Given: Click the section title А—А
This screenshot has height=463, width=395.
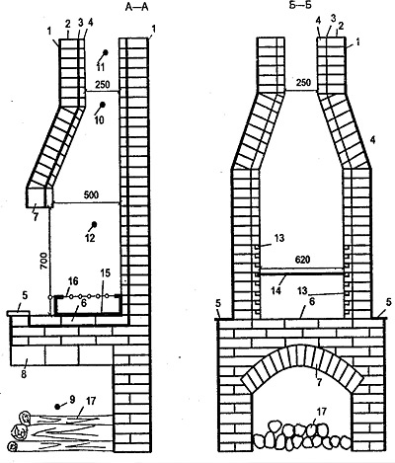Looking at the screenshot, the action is [x=137, y=7].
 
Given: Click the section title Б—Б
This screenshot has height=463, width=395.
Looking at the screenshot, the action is [x=300, y=6].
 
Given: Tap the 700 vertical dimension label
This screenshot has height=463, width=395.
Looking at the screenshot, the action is [x=44, y=262].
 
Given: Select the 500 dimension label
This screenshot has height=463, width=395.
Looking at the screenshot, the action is [x=91, y=194].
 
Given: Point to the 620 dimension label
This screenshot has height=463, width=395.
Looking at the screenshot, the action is [x=302, y=260].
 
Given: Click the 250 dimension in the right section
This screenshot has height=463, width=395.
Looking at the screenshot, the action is [x=303, y=82].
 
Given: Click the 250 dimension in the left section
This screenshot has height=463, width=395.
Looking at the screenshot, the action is [x=103, y=84].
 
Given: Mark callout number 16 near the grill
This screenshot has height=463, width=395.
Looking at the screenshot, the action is [x=73, y=281].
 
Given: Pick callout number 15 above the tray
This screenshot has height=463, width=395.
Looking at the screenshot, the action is [x=106, y=272].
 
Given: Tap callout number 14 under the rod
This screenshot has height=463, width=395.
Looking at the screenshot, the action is [x=276, y=290].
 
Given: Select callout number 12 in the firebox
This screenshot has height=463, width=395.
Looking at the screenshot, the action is [x=90, y=238].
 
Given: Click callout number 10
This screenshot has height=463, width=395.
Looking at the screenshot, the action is [x=99, y=120].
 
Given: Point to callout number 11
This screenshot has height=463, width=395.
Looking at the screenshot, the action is [x=101, y=68].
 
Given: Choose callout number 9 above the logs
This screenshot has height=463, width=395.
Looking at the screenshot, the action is [x=72, y=399].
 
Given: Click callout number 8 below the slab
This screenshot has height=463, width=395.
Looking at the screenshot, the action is [x=24, y=374].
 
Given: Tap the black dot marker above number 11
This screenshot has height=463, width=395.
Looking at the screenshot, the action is [x=106, y=52].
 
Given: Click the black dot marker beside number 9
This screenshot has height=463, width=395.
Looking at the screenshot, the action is [x=58, y=407].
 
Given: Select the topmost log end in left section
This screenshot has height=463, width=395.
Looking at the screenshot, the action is [x=25, y=418].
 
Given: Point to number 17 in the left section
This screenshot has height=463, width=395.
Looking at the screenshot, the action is [x=91, y=401].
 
